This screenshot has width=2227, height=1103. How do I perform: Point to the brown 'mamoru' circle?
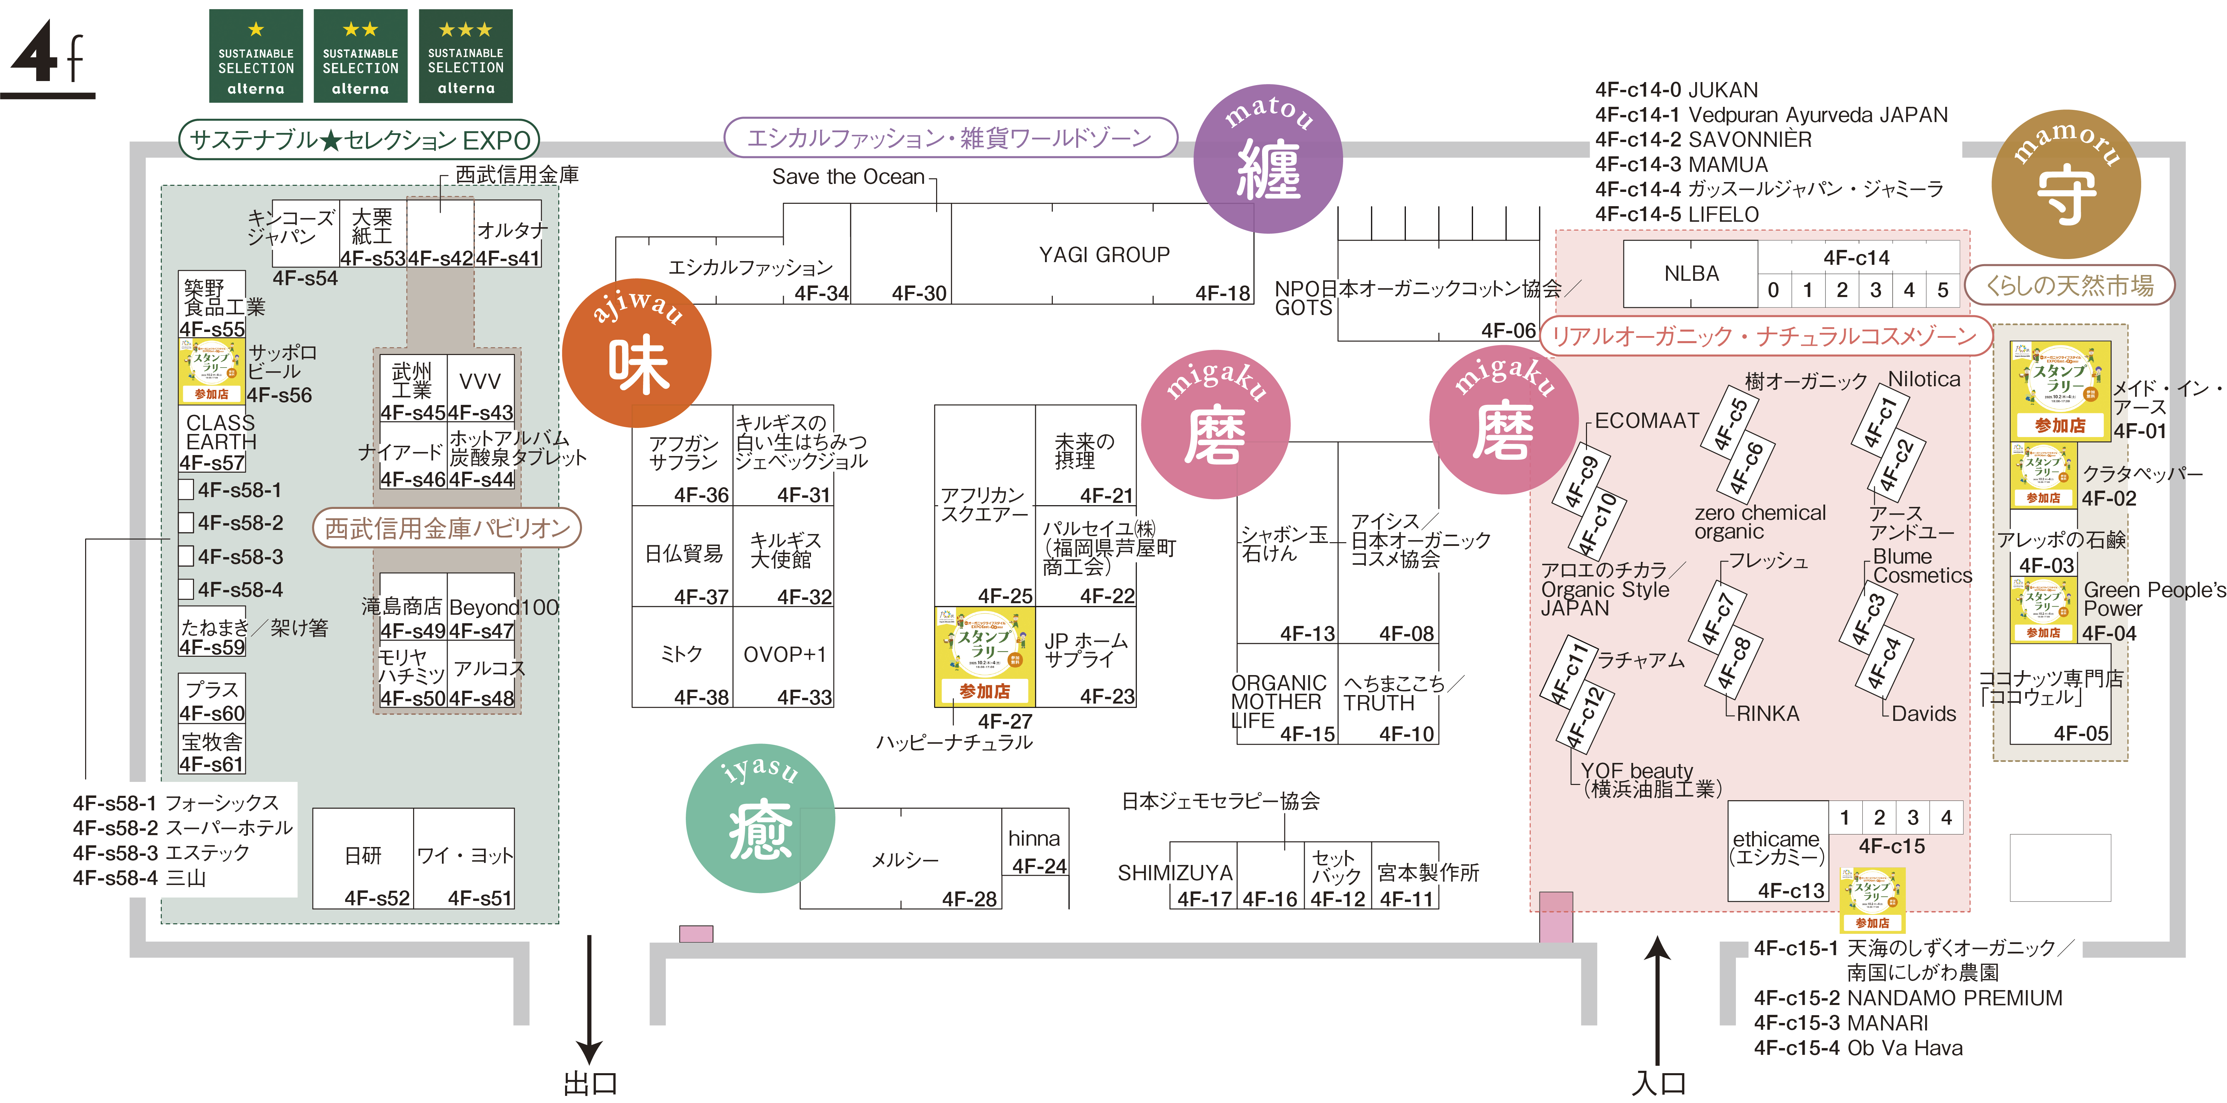coord(2065,185)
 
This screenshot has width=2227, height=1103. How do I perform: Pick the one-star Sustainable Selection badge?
coord(256,56)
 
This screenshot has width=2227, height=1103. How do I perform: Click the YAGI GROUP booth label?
coord(1104,255)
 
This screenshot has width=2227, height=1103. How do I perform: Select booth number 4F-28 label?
coord(969,899)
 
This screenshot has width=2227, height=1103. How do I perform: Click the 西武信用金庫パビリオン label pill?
coord(447,528)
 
